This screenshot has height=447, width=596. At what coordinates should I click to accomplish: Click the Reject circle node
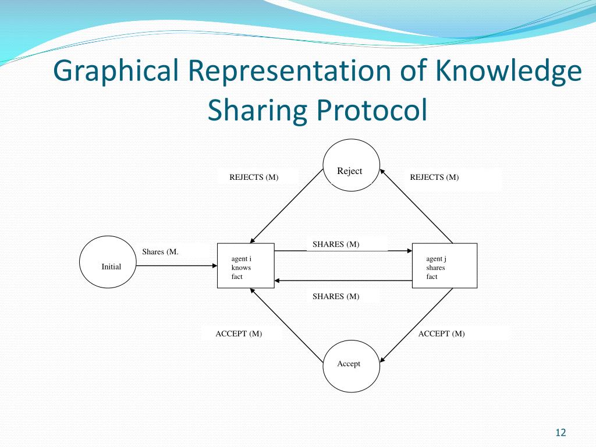click(x=352, y=165)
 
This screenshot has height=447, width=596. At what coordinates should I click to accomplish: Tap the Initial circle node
click(x=108, y=262)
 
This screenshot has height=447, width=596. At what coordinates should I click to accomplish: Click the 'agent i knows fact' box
click(x=246, y=265)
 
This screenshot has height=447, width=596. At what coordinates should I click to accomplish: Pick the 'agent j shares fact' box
click(x=444, y=265)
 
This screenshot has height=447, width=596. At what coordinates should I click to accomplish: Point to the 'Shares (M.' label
click(x=160, y=252)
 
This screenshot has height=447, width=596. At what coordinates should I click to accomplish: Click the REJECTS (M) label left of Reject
click(x=254, y=178)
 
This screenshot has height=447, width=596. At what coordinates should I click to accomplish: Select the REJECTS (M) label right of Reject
click(x=434, y=178)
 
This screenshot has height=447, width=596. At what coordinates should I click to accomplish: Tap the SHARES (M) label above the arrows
click(x=336, y=244)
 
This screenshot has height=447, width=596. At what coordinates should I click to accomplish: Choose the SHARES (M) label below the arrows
click(x=336, y=297)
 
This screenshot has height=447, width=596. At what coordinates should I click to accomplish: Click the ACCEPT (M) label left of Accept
click(x=239, y=334)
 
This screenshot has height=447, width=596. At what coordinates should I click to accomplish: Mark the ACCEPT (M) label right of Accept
click(x=441, y=334)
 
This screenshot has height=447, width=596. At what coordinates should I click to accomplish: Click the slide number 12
click(x=560, y=432)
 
